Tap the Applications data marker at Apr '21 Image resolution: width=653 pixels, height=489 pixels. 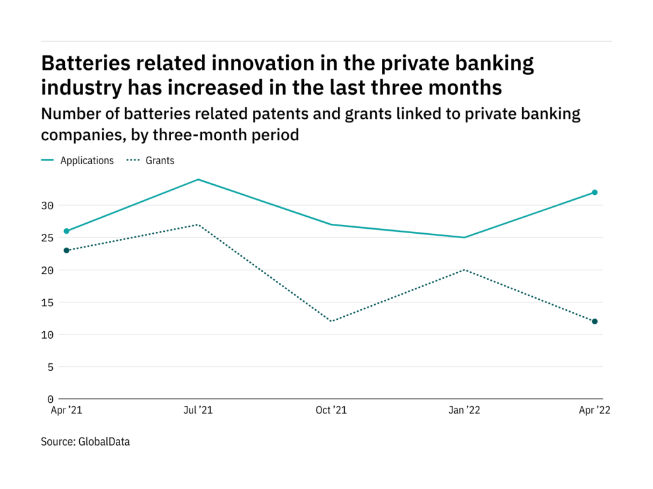coord(67,231)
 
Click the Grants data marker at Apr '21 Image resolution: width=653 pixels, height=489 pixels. coord(67,250)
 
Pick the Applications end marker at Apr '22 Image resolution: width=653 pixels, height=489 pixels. coord(594,192)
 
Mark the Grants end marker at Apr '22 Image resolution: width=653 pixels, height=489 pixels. coord(594,321)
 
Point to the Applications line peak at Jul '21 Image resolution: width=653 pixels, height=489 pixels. coord(199,180)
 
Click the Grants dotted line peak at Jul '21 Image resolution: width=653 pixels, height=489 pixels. coord(199,224)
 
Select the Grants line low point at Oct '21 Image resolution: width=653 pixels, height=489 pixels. coord(331,321)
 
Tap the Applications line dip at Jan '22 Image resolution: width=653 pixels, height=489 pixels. coord(464,238)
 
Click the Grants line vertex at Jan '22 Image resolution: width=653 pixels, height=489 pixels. coord(464,270)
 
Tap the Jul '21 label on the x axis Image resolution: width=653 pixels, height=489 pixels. coord(199,410)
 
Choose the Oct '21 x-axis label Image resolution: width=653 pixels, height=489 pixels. coord(331,410)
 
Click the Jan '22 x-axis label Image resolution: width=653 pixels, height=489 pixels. coord(464,410)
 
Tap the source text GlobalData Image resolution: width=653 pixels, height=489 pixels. coord(104,442)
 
